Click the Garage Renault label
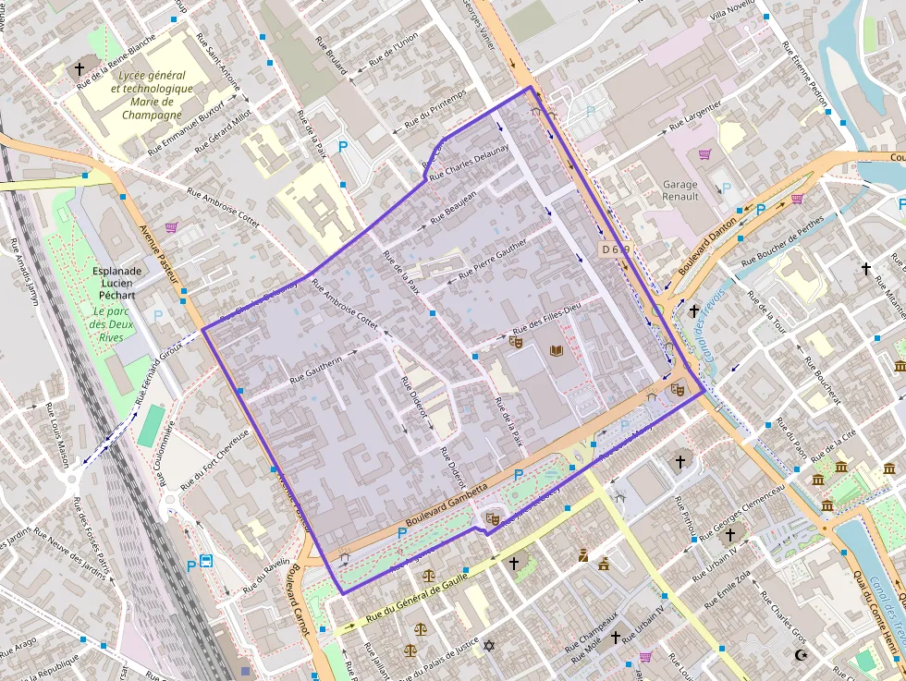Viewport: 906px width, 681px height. [680, 190]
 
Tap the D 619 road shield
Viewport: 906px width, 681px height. [616, 249]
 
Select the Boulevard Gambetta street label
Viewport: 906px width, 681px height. [446, 505]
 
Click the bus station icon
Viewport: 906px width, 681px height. [206, 561]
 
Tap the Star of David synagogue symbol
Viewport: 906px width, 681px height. [489, 646]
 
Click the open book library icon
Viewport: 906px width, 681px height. [556, 351]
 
